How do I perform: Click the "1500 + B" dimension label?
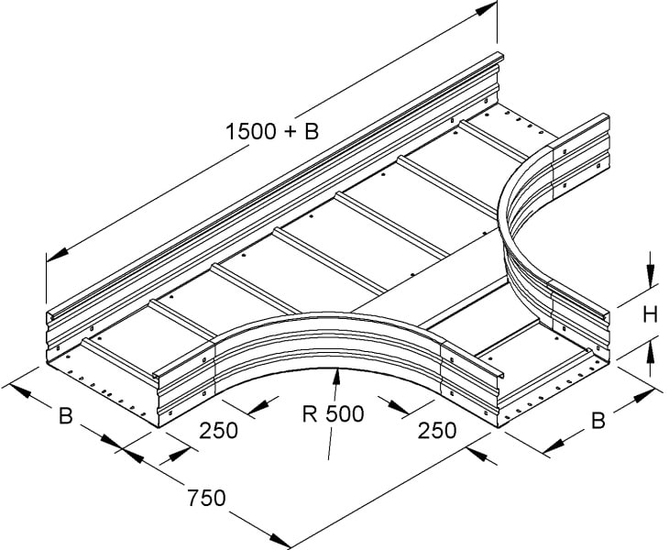[272, 131]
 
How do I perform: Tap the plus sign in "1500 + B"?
[289, 132]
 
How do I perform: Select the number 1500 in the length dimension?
[250, 131]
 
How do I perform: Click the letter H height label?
[650, 315]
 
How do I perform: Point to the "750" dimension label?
[206, 498]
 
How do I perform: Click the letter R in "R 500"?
[310, 413]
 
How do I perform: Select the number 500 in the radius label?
[345, 413]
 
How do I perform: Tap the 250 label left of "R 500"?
[218, 431]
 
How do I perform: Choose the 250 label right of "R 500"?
[437, 431]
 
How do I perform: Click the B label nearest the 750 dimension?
[66, 416]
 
